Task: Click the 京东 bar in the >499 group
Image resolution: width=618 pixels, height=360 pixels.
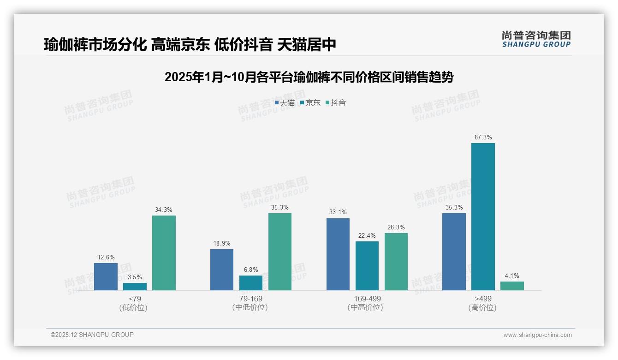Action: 483,216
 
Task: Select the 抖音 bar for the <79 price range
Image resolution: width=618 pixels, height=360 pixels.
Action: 164,253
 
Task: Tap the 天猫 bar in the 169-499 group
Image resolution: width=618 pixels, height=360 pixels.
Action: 338,254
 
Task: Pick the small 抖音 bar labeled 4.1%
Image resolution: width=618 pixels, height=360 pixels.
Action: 512,286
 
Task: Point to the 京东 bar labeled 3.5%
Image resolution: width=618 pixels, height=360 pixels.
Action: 135,287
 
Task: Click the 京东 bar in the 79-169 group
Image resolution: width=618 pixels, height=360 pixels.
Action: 251,283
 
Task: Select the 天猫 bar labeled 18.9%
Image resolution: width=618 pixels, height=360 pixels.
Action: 222,270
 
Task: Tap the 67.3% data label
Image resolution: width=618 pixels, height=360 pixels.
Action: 483,137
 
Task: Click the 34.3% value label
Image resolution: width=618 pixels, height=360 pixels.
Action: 164,210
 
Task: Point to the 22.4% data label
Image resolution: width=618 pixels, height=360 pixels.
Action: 367,235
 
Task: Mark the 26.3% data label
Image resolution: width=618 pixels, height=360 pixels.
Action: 396,227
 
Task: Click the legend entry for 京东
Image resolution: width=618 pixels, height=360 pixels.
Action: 310,103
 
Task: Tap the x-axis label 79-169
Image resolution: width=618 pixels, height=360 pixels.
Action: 250,299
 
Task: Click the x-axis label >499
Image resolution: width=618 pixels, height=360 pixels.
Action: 482,299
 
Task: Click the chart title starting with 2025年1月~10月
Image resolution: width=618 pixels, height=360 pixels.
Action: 309,77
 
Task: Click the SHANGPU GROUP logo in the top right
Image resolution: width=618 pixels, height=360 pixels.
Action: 536,39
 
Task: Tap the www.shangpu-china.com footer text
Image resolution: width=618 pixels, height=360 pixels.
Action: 537,335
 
